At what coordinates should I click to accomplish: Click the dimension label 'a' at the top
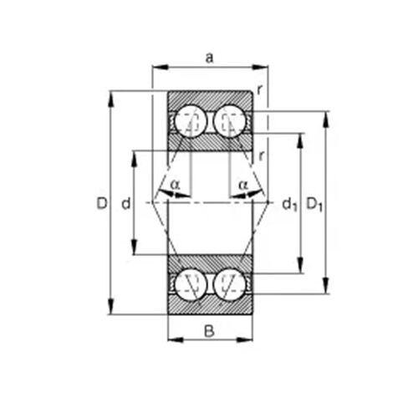[x=209, y=58]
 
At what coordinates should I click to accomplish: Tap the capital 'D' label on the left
[x=102, y=203]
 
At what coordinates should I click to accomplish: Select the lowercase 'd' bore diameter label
[x=126, y=203]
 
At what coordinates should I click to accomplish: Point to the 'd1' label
[x=290, y=205]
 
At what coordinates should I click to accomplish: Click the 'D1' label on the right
[x=314, y=205]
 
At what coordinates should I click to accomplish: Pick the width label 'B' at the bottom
[x=209, y=332]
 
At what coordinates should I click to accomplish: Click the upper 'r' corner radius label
[x=260, y=89]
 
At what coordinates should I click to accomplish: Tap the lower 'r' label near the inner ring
[x=261, y=156]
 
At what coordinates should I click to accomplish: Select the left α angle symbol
[x=176, y=185]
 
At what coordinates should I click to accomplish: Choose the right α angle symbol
[x=243, y=185]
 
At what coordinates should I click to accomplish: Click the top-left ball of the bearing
[x=191, y=121]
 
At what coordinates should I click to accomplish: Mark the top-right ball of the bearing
[x=230, y=121]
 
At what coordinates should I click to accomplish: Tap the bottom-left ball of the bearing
[x=191, y=284]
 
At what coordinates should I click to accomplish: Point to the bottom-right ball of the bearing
[x=230, y=284]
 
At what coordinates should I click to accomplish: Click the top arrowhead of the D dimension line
[x=111, y=99]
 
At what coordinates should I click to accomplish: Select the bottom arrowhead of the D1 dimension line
[x=325, y=285]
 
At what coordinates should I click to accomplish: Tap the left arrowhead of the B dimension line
[x=176, y=339]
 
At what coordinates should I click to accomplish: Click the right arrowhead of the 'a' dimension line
[x=260, y=67]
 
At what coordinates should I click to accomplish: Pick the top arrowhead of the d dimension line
[x=135, y=159]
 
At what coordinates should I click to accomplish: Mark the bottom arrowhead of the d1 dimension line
[x=300, y=265]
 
